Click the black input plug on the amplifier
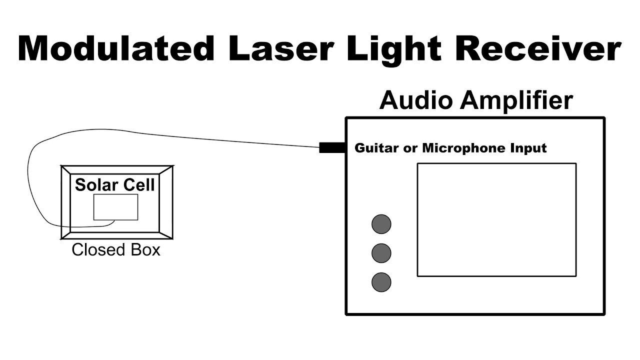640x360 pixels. click(332, 147)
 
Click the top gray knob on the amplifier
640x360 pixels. click(381, 224)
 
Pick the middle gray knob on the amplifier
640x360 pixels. click(381, 253)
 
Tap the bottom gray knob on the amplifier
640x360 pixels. click(381, 282)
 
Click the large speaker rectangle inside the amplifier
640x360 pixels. click(496, 219)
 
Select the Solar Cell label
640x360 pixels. click(115, 185)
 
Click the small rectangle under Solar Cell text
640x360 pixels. click(115, 207)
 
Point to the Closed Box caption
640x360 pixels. click(116, 249)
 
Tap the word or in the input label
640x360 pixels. click(413, 148)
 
